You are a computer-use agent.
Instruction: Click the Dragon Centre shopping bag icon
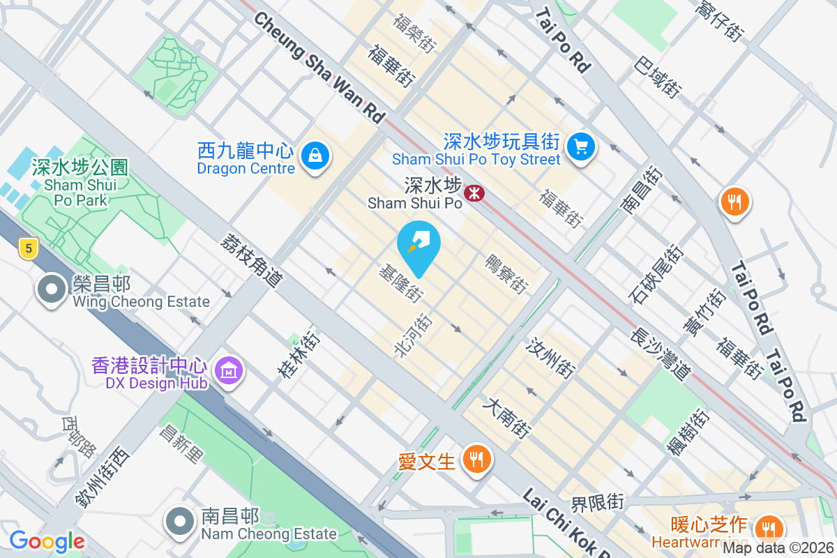click(x=316, y=156)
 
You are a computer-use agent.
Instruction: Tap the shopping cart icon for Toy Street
click(x=580, y=147)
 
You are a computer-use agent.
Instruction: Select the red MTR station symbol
click(x=475, y=193)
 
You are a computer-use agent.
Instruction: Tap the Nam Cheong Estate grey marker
click(x=180, y=521)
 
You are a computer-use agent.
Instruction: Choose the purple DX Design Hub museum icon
click(x=228, y=371)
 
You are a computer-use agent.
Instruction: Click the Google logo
click(x=47, y=541)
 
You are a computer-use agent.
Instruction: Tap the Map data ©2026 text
click(x=778, y=548)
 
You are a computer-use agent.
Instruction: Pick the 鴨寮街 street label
click(x=507, y=274)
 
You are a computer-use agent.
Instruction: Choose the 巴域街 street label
click(x=657, y=77)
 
